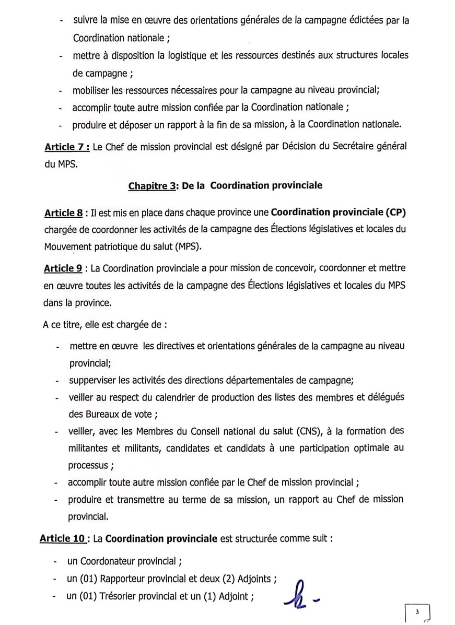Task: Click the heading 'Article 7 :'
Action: (67, 147)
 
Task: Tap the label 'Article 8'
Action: (63, 213)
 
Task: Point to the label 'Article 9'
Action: (63, 268)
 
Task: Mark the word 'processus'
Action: (87, 465)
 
